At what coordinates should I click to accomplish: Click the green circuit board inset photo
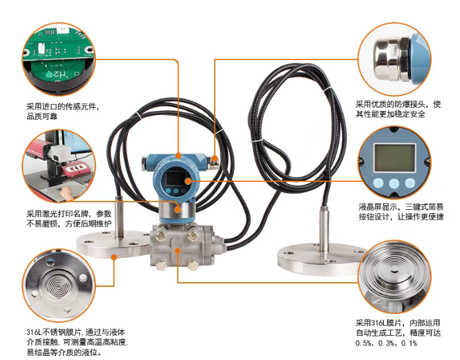pos(59,60)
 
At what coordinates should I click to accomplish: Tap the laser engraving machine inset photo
pos(59,166)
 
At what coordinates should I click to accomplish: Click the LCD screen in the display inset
pos(395,158)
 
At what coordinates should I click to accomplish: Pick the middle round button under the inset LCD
pos(394,183)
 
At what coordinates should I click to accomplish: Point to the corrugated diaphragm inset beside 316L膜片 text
pos(395,277)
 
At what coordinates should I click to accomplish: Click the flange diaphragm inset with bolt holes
pos(59,285)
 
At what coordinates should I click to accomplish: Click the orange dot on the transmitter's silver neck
pos(178,209)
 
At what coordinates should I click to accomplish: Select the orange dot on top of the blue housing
pos(178,156)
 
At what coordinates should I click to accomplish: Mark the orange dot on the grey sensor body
pos(178,250)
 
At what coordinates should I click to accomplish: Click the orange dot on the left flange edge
pos(114,257)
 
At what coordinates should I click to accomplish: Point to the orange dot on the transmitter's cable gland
pos(215,159)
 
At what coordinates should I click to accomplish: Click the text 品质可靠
pos(42,116)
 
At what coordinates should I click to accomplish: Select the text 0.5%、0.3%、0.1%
pos(386,343)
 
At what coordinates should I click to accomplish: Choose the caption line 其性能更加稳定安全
pos(390,114)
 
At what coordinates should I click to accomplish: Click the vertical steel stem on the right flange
pos(323,228)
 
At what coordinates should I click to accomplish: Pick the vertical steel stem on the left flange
pos(119,217)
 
